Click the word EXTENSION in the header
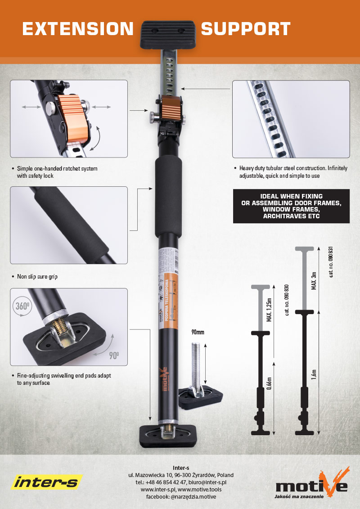click(78, 29)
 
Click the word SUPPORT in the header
click(245, 29)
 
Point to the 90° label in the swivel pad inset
click(114, 356)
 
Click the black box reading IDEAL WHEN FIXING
click(291, 207)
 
